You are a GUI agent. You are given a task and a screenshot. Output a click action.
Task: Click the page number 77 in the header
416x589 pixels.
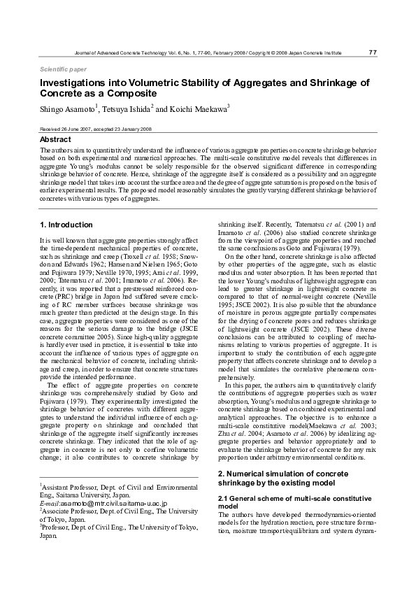372,52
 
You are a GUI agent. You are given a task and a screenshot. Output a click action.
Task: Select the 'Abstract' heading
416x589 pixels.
55,140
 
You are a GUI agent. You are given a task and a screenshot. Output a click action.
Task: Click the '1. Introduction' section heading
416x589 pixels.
66,225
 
